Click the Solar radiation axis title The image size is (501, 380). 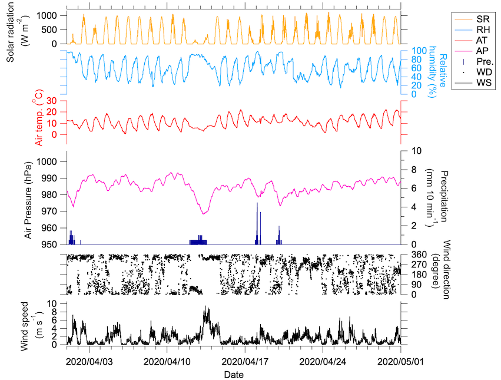pyautogui.click(x=17, y=28)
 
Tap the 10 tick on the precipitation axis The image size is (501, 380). pyautogui.click(x=414, y=151)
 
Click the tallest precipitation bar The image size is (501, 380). pyautogui.click(x=257, y=223)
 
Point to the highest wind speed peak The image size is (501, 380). pyautogui.click(x=205, y=307)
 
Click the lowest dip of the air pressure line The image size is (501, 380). pyautogui.click(x=204, y=213)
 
